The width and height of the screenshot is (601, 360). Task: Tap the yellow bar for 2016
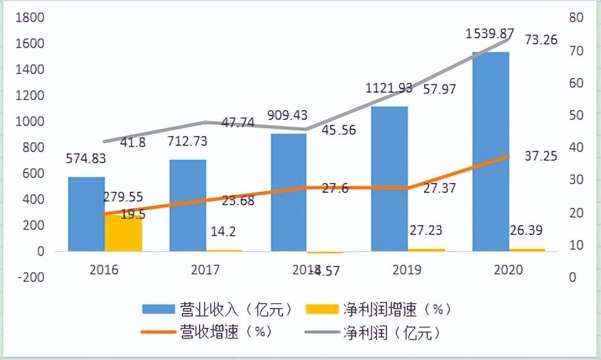click(x=123, y=233)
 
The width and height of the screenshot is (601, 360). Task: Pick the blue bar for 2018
click(x=289, y=192)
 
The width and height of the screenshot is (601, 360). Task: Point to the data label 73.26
click(x=541, y=40)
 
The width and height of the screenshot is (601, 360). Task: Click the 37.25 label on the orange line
click(x=540, y=156)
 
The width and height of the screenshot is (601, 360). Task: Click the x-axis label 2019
click(x=406, y=270)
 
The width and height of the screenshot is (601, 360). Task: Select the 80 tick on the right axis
click(x=576, y=17)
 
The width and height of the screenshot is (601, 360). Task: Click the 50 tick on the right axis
click(x=576, y=115)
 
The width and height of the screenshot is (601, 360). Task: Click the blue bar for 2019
click(x=389, y=179)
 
